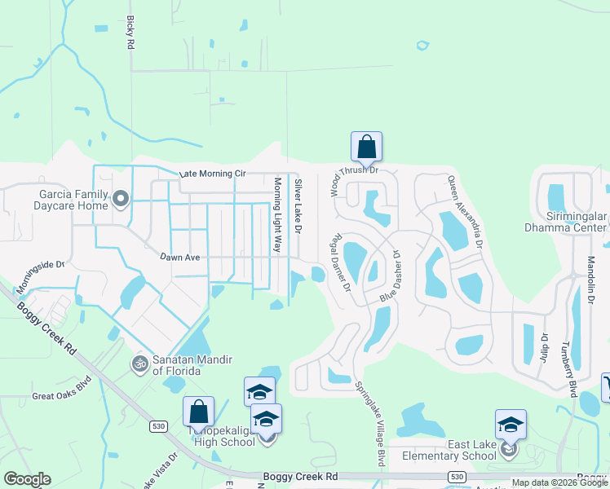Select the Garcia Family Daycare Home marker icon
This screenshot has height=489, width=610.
pyautogui.click(x=122, y=199)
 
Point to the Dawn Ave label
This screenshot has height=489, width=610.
pyautogui.click(x=179, y=258)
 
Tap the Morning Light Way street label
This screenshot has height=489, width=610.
pyautogui.click(x=277, y=215)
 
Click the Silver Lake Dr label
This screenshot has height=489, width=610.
pyautogui.click(x=298, y=208)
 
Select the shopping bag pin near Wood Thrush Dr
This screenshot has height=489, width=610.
pyautogui.click(x=366, y=147)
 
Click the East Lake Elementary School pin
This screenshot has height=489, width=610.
pyautogui.click(x=511, y=425)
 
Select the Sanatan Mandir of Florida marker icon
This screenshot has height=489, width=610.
pyautogui.click(x=140, y=363)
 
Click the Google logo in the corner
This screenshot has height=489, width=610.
pyautogui.click(x=27, y=479)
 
